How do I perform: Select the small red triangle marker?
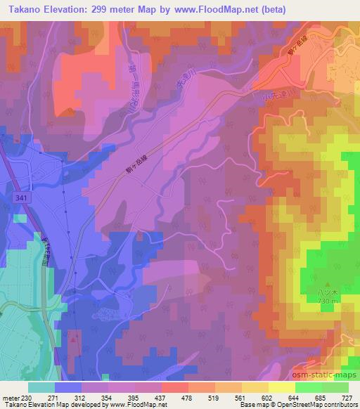(74, 339)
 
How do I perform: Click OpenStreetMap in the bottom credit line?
(309, 405)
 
